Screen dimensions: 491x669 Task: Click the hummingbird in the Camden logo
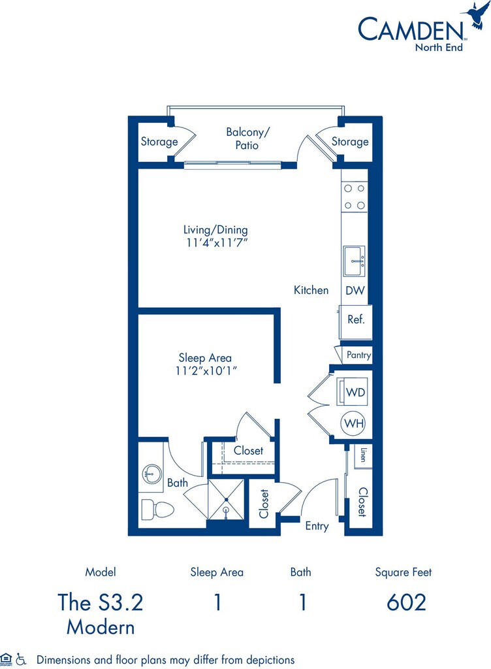pyautogui.click(x=475, y=15)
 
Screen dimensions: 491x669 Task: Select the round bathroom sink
pyautogui.click(x=151, y=472)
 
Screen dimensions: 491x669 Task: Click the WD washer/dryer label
pyautogui.click(x=355, y=392)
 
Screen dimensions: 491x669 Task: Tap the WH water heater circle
pyautogui.click(x=354, y=423)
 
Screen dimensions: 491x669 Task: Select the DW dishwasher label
pyautogui.click(x=355, y=290)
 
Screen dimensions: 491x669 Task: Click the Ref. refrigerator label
pyautogui.click(x=356, y=320)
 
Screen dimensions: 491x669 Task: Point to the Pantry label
pyautogui.click(x=358, y=355)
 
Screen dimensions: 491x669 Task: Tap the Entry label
pyautogui.click(x=317, y=526)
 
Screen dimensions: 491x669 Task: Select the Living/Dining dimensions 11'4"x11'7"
pyautogui.click(x=215, y=242)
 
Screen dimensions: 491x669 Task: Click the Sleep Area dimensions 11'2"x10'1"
pyautogui.click(x=205, y=370)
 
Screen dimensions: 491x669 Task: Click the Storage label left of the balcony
pyautogui.click(x=159, y=142)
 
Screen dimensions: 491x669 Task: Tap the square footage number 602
pyautogui.click(x=406, y=602)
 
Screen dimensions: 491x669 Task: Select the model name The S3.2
pyautogui.click(x=100, y=602)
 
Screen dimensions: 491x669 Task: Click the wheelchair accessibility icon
pyautogui.click(x=22, y=659)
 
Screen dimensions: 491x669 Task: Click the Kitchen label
pyautogui.click(x=311, y=290)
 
